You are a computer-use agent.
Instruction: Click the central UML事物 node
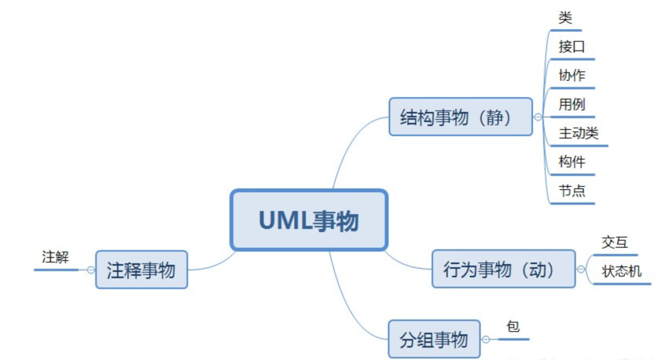(x=308, y=220)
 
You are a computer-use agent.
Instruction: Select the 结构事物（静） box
(x=460, y=117)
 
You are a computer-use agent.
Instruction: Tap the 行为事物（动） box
(x=503, y=269)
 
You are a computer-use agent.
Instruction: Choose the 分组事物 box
(x=434, y=339)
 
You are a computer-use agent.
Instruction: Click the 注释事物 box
(x=141, y=270)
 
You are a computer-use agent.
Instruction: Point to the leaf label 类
(x=565, y=19)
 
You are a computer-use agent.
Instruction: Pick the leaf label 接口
(x=572, y=47)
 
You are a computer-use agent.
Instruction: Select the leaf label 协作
(x=572, y=75)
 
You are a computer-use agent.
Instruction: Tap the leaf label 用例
(x=572, y=104)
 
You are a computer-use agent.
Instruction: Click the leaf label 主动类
(x=578, y=133)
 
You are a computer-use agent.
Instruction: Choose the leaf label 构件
(x=572, y=162)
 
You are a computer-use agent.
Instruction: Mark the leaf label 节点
(x=572, y=191)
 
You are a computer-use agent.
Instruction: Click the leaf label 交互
(x=615, y=242)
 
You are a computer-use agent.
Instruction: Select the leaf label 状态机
(x=621, y=271)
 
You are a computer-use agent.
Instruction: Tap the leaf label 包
(x=513, y=327)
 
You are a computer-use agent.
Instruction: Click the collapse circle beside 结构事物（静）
(x=538, y=117)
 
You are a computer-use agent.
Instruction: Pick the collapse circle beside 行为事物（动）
(x=581, y=269)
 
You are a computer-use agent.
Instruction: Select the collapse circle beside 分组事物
(x=486, y=339)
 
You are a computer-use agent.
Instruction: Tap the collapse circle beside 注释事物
(x=91, y=270)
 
